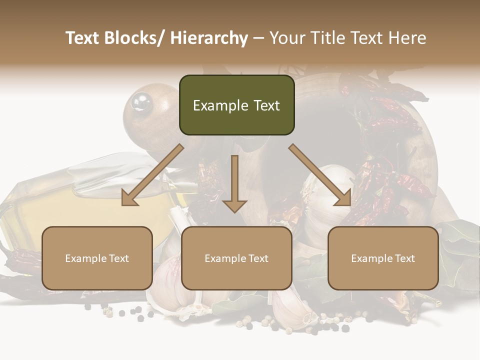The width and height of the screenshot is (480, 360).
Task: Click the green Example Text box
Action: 236,105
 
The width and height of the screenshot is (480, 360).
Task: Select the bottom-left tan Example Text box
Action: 97,258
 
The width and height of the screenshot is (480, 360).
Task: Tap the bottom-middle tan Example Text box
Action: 236,258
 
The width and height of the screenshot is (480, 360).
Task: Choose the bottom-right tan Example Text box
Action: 383,258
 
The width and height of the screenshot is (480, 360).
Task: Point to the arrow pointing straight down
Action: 234,183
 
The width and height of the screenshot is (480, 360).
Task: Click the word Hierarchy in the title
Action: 209,38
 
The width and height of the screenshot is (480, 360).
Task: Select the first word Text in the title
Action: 83,38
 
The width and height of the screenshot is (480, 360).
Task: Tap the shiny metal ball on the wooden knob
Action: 140,102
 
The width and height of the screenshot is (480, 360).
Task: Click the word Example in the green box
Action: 220,105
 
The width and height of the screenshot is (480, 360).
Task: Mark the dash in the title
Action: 258,38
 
